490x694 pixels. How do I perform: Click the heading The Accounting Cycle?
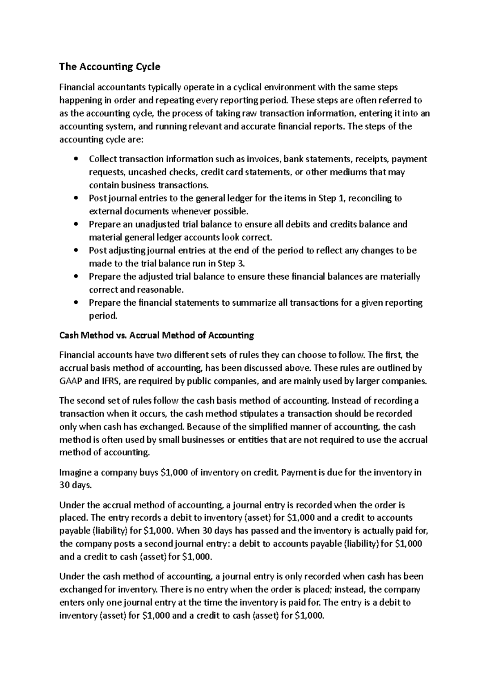click(x=110, y=67)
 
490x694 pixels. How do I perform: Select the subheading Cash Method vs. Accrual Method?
click(x=156, y=336)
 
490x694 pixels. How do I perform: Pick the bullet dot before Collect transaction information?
click(x=76, y=159)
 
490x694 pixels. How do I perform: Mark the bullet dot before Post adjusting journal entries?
click(x=76, y=251)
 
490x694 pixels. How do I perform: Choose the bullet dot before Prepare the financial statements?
click(x=76, y=303)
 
